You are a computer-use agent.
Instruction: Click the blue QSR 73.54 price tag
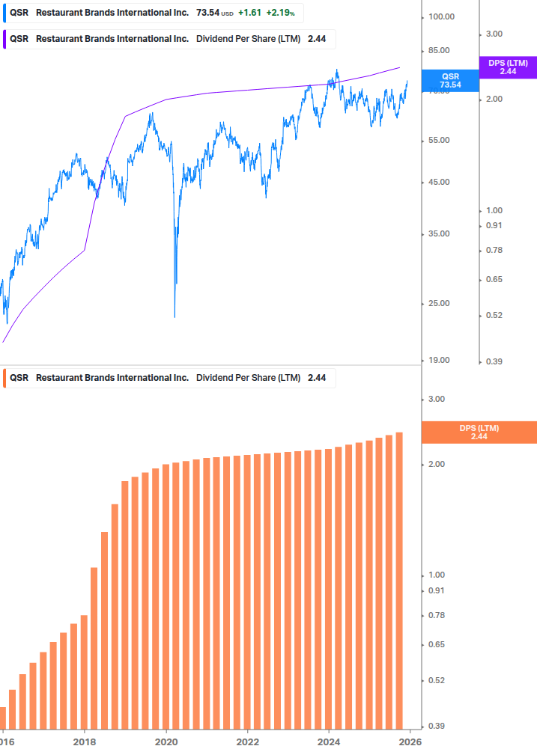click(449, 80)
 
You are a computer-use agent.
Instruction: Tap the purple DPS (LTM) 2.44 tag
click(508, 67)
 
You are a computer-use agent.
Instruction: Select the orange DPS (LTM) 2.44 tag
click(479, 432)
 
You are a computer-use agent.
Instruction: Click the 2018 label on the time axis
click(85, 742)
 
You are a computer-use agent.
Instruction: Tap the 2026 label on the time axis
click(408, 742)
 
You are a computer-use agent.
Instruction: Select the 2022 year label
click(247, 742)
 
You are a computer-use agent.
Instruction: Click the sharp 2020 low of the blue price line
click(175, 316)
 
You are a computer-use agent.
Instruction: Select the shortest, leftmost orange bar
click(2, 718)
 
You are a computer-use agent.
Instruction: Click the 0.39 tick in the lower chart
click(436, 726)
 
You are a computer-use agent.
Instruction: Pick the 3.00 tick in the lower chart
click(436, 399)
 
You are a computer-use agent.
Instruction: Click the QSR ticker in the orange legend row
click(19, 378)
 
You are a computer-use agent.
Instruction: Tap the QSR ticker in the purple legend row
click(19, 39)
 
